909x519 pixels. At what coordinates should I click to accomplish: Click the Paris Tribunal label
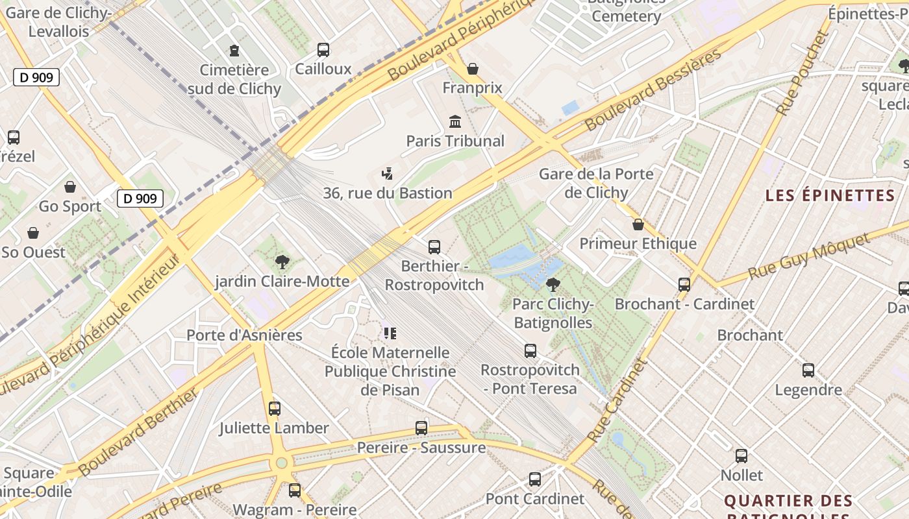click(455, 141)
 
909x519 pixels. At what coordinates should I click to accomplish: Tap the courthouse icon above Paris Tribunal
click(455, 121)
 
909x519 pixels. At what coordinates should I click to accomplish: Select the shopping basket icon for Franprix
click(473, 68)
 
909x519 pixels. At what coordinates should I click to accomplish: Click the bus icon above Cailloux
click(323, 49)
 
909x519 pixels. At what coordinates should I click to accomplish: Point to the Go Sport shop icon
click(70, 187)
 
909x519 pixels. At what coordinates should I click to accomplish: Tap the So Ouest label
click(34, 252)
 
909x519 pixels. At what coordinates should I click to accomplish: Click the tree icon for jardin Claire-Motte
click(282, 262)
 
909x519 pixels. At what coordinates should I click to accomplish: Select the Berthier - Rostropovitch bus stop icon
click(434, 247)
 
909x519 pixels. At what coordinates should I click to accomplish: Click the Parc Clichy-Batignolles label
click(553, 313)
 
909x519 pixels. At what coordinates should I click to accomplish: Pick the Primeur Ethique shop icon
click(638, 224)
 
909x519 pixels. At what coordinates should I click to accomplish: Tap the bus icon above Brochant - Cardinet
click(684, 284)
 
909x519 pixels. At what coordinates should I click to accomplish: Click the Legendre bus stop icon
click(808, 370)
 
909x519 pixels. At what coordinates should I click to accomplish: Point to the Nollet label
click(741, 475)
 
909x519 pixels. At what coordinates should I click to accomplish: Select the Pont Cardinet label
click(535, 499)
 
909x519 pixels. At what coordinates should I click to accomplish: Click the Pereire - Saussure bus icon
click(421, 428)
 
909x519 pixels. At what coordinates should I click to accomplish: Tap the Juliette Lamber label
click(274, 428)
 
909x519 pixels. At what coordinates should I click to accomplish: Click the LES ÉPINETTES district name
click(830, 195)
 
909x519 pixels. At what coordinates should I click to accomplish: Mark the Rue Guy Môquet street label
click(809, 257)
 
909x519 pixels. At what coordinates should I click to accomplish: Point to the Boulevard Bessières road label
click(653, 90)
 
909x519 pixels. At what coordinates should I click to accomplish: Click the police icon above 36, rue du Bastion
click(388, 173)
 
